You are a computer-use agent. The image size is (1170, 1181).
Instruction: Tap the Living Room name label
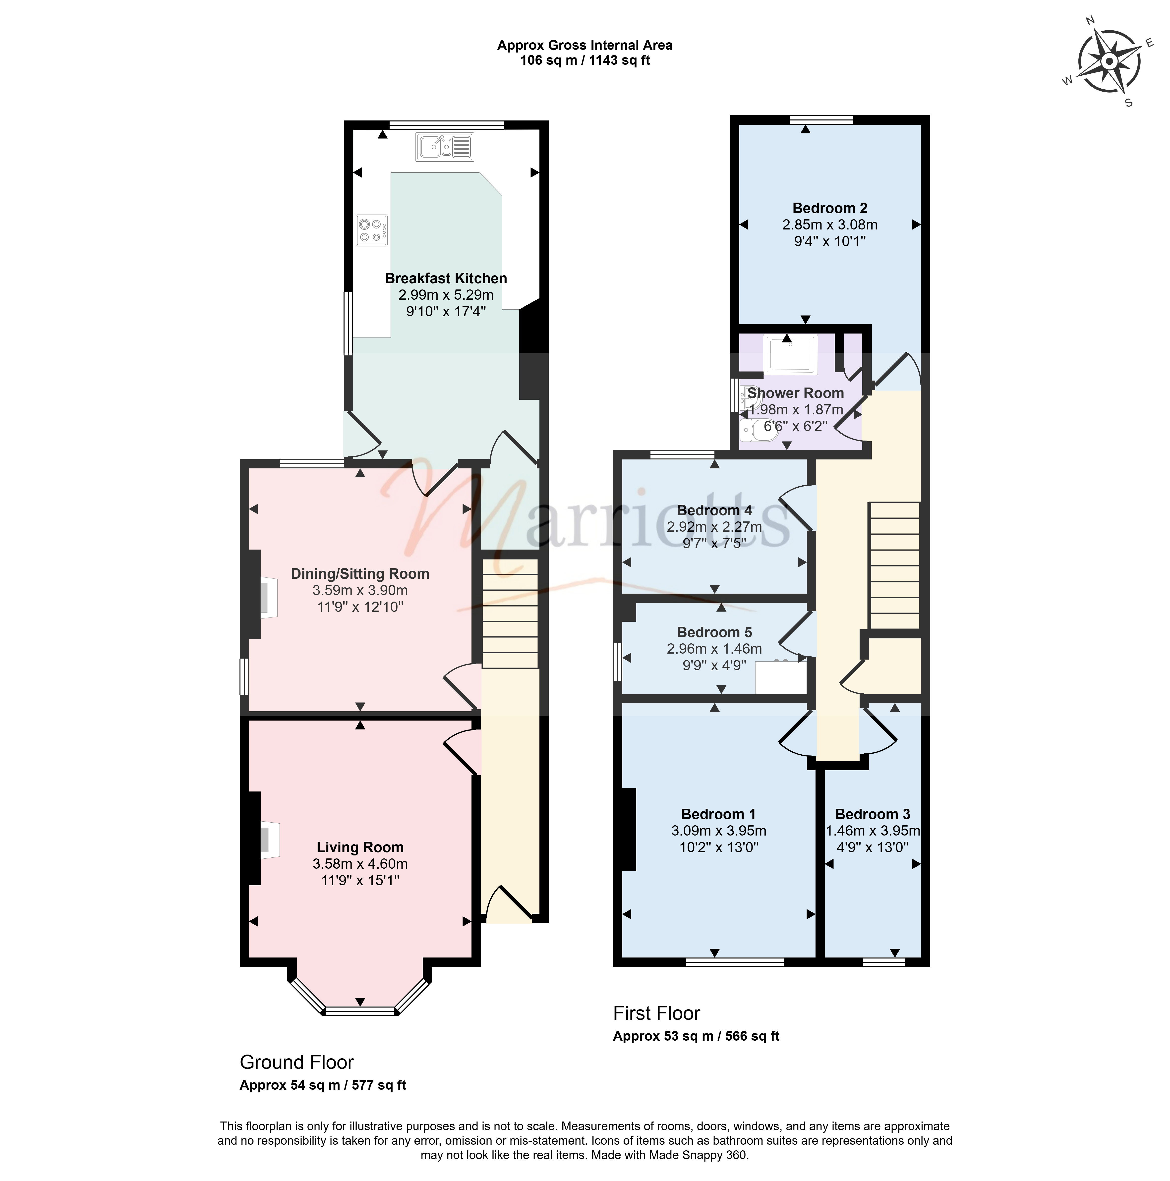click(360, 847)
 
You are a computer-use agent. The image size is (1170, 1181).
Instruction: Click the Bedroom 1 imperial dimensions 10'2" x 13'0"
click(719, 847)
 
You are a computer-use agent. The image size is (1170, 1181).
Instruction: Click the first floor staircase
click(894, 565)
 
